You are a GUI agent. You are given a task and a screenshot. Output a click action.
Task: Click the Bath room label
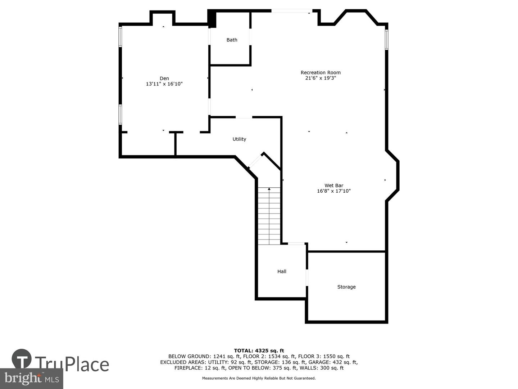(x=232, y=40)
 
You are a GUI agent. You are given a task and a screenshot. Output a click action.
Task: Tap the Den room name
(x=164, y=79)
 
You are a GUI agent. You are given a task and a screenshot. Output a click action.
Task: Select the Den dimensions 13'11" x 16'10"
(x=164, y=84)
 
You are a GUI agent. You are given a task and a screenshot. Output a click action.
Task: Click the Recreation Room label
(x=321, y=72)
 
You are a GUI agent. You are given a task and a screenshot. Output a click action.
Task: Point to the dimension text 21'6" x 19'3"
(x=321, y=78)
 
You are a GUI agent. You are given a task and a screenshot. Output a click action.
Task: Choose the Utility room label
(x=239, y=139)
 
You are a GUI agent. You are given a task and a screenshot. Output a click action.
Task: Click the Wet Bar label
(x=334, y=185)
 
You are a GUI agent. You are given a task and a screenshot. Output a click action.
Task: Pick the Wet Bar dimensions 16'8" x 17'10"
(x=334, y=191)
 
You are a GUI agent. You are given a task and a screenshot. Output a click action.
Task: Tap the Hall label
(x=282, y=271)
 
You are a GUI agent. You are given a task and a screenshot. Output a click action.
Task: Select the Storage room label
(x=346, y=287)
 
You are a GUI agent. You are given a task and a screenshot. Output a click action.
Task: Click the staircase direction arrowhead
(x=269, y=189)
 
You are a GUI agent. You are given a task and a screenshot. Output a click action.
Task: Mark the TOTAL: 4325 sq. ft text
(x=259, y=350)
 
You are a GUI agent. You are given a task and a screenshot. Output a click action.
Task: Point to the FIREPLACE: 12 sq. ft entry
(x=199, y=368)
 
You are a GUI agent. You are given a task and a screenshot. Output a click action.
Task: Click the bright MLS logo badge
(x=31, y=379)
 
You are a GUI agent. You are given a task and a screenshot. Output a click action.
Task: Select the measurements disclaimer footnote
(x=259, y=378)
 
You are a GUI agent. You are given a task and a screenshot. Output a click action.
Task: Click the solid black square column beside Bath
(x=212, y=19)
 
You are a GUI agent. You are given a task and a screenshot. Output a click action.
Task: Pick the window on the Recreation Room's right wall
(x=387, y=40)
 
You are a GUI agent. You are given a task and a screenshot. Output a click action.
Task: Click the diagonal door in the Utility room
(x=255, y=161)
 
